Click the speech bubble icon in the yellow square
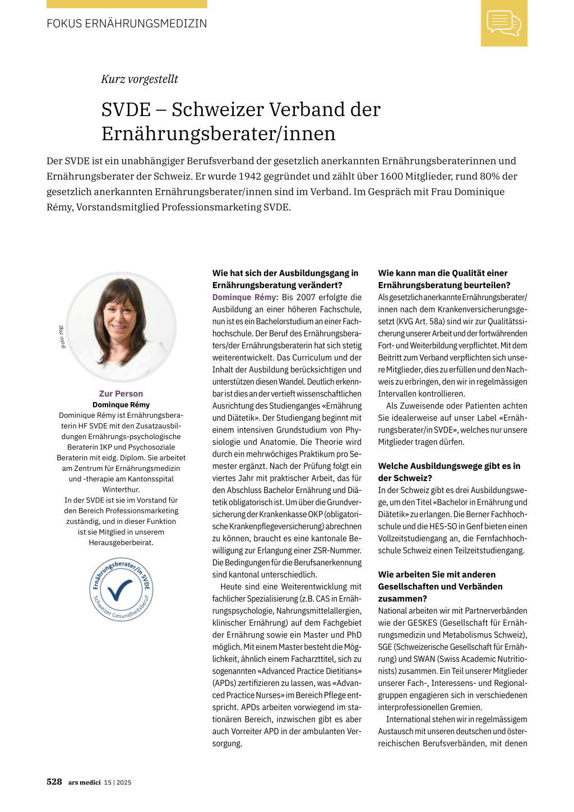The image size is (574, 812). tap(504, 23)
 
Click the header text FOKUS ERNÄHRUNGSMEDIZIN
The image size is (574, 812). tap(127, 24)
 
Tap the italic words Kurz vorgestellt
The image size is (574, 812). tap(140, 79)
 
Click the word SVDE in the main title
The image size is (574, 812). tap(126, 109)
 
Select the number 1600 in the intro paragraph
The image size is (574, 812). tap(391, 176)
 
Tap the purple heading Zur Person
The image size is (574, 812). tap(121, 394)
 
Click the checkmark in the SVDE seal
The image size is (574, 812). tap(120, 588)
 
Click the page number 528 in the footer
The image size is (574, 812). tap(54, 782)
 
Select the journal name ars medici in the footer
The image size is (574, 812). tap(85, 782)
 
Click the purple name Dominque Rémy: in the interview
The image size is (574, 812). tap(245, 297)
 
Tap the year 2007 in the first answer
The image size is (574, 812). tap(306, 297)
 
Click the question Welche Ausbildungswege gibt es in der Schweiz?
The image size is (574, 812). tap(449, 472)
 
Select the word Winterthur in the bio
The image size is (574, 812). tap(121, 490)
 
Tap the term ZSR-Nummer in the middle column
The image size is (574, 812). tap(337, 551)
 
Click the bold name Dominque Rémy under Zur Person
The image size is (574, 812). tap(121, 404)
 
